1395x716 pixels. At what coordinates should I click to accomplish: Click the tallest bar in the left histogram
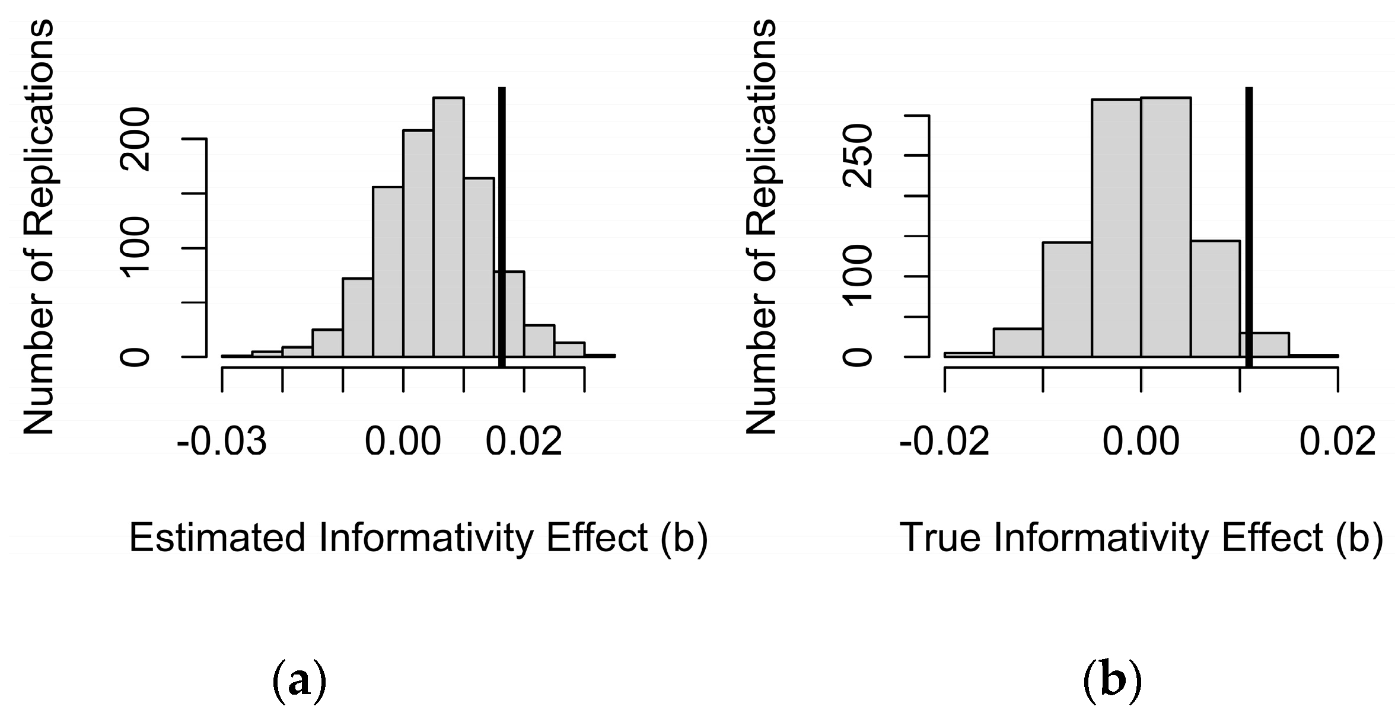point(448,228)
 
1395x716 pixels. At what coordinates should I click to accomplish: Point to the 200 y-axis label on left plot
point(135,139)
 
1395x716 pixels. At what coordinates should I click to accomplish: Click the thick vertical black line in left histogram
point(502,225)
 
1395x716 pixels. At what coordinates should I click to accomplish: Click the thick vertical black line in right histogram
point(1249,225)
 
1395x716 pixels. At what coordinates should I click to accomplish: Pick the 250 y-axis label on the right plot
point(858,156)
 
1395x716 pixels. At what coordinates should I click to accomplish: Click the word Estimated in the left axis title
point(219,538)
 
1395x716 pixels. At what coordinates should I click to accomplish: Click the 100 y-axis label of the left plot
point(135,248)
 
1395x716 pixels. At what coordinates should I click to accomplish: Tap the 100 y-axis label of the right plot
point(858,276)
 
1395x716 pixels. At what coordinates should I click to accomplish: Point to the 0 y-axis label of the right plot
point(858,357)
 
